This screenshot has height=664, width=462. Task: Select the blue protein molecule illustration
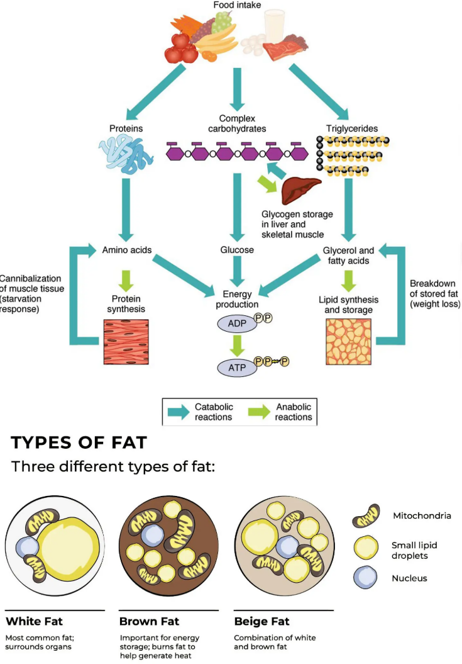(x=126, y=156)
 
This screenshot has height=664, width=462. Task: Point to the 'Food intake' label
(x=237, y=5)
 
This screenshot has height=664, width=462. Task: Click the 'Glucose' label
(x=237, y=250)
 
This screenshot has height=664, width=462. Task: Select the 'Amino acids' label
(x=127, y=250)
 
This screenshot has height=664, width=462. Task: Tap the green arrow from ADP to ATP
(x=237, y=345)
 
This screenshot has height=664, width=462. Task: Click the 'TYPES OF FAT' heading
(x=79, y=442)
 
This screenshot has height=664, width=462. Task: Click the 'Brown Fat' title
(x=149, y=622)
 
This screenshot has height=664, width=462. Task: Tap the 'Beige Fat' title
(x=262, y=622)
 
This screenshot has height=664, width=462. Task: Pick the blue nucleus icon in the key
(x=365, y=577)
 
